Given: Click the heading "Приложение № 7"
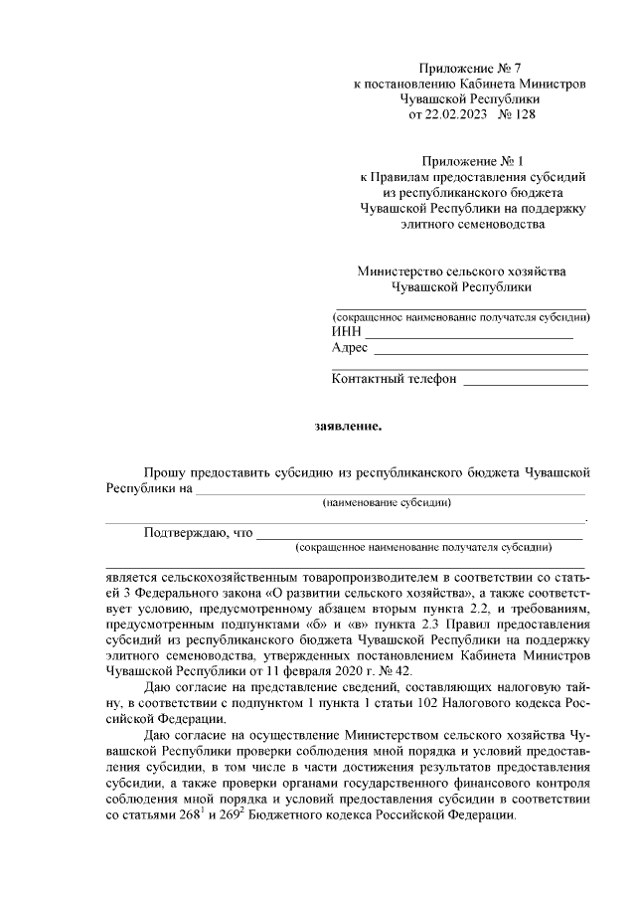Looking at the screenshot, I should (x=470, y=69).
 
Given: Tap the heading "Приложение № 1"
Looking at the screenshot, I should (x=470, y=159).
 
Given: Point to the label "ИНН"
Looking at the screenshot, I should (x=345, y=332).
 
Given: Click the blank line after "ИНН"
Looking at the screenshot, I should (x=467, y=336).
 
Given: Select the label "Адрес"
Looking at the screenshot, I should (x=350, y=348).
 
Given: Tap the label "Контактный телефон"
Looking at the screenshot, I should (x=394, y=379).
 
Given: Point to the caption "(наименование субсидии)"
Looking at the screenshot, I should (x=388, y=504).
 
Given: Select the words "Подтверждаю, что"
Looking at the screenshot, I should (x=198, y=532).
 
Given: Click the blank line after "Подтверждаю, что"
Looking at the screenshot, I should (x=417, y=537).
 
